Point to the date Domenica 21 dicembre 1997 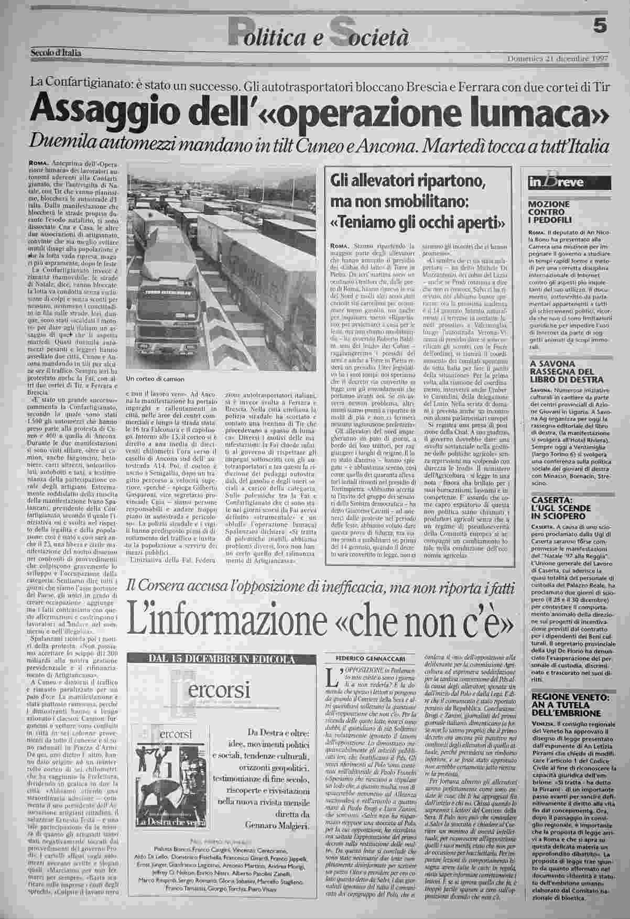point(558,58)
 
